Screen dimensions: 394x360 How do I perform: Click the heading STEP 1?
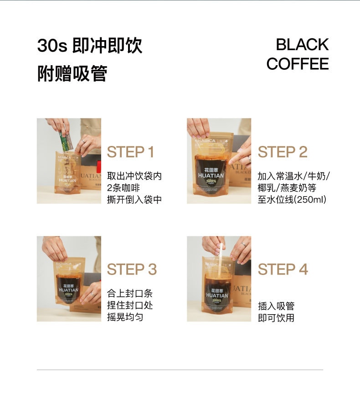click(130, 152)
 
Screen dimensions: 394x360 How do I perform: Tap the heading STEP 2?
click(283, 152)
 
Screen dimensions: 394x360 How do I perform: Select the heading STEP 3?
click(132, 270)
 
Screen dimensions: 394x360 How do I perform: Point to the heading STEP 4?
click(283, 270)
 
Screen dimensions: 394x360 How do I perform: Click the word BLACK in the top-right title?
click(302, 45)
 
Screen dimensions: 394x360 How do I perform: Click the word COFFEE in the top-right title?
click(297, 64)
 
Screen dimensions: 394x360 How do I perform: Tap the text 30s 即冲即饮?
click(90, 46)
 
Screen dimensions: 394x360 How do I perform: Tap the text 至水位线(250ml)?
click(292, 200)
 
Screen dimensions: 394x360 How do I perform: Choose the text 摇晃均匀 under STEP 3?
click(125, 317)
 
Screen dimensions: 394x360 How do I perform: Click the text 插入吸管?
click(276, 306)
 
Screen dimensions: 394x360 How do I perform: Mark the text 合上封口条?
click(129, 293)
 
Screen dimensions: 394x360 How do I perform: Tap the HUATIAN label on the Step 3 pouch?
click(68, 290)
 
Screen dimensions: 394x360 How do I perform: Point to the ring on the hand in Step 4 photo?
click(244, 244)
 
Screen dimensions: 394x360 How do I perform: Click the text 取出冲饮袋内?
click(134, 176)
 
